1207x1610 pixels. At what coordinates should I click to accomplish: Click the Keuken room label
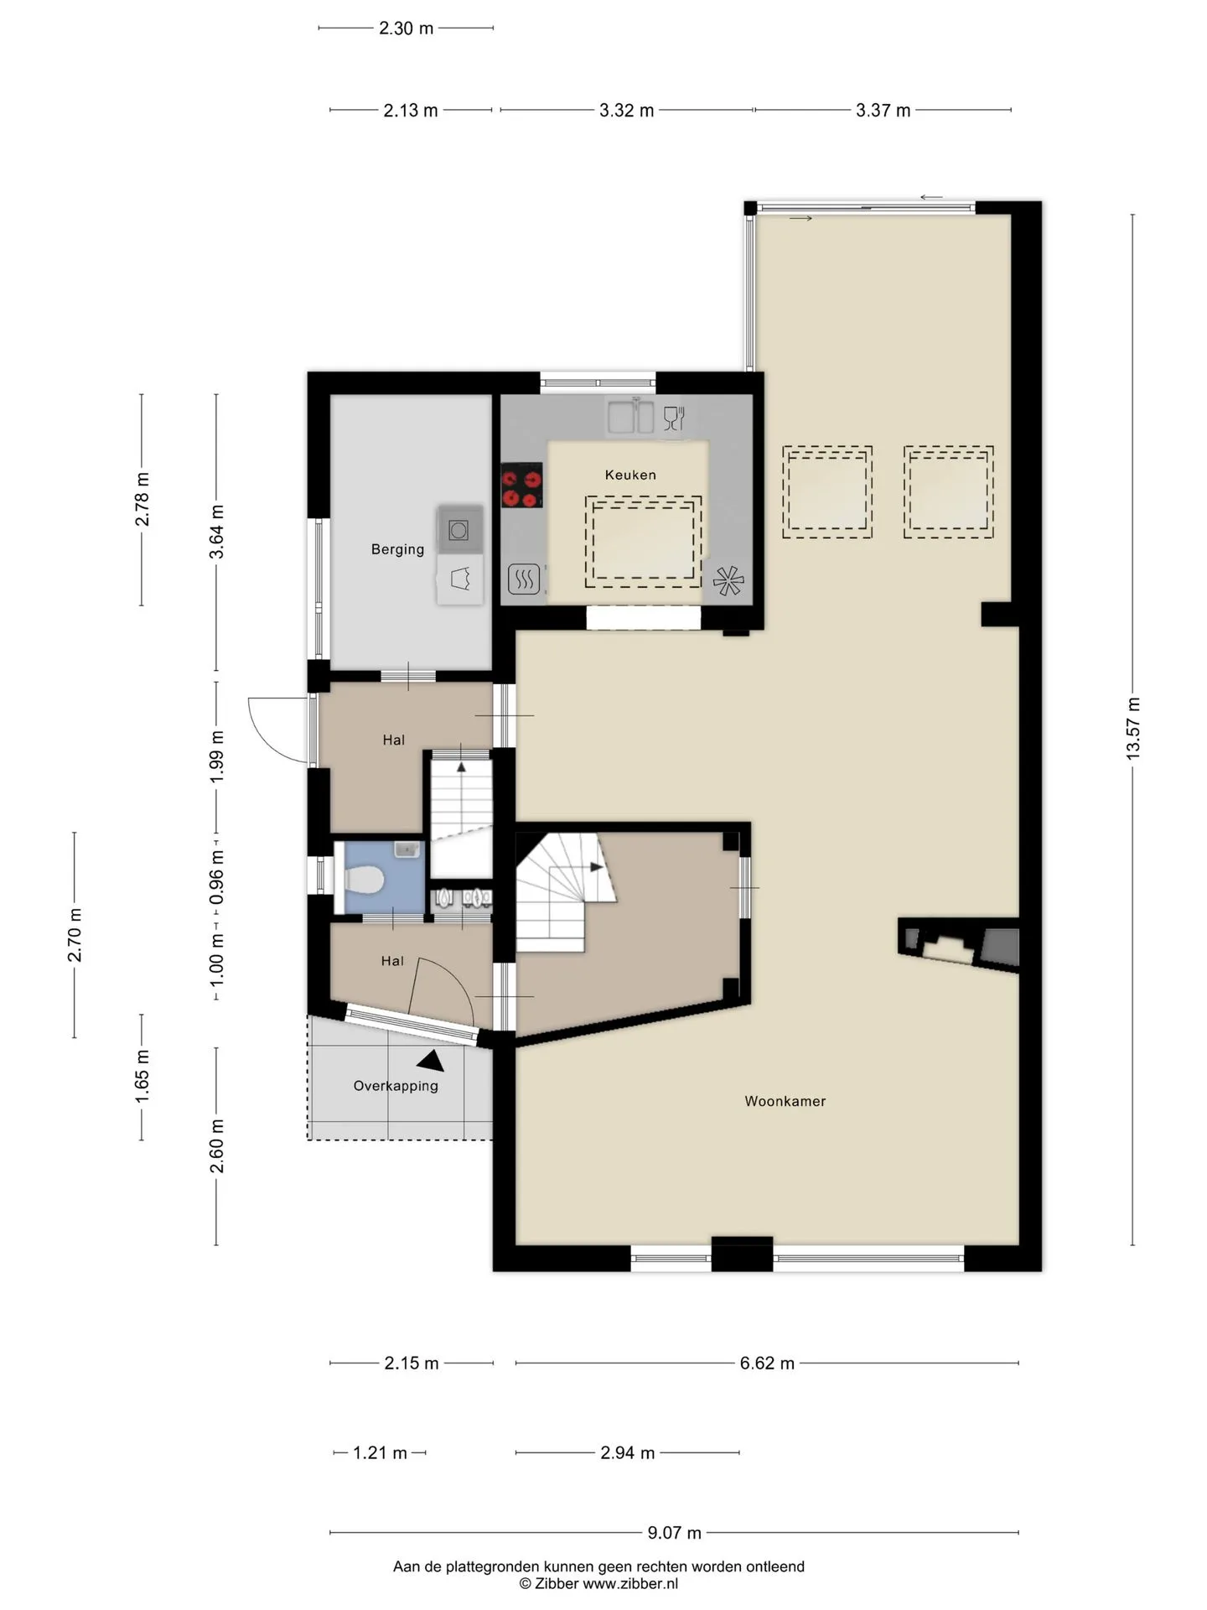(x=630, y=475)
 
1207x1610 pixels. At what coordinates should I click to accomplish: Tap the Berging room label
(x=397, y=550)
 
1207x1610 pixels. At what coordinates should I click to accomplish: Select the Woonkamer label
(x=785, y=1102)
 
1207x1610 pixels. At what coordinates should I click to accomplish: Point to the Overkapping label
(x=396, y=1086)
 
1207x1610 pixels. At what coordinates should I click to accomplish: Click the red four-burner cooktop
(x=521, y=486)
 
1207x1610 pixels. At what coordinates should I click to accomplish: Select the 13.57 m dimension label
(x=1133, y=729)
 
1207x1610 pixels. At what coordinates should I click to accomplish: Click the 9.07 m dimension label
(x=674, y=1533)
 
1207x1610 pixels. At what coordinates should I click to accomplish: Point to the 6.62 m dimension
(x=767, y=1363)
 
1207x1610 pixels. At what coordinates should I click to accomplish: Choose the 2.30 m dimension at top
(x=406, y=29)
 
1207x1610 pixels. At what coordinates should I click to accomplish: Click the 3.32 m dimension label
(x=626, y=111)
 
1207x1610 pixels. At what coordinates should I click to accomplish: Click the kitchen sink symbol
(x=630, y=417)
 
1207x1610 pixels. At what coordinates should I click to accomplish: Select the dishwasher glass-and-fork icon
(x=674, y=418)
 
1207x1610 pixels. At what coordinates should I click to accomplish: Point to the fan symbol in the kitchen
(x=728, y=580)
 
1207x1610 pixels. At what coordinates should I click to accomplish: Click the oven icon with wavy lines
(x=524, y=579)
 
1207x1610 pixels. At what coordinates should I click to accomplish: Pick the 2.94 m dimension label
(x=627, y=1453)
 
